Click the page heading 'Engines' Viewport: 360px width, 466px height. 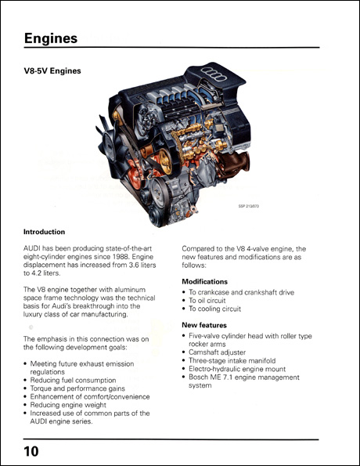pos(50,38)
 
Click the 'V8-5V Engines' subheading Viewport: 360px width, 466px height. pos(52,70)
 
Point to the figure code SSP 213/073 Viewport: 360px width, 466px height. pos(251,207)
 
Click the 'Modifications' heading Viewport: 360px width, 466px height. pos(205,281)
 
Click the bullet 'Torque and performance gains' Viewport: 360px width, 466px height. pos(81,388)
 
